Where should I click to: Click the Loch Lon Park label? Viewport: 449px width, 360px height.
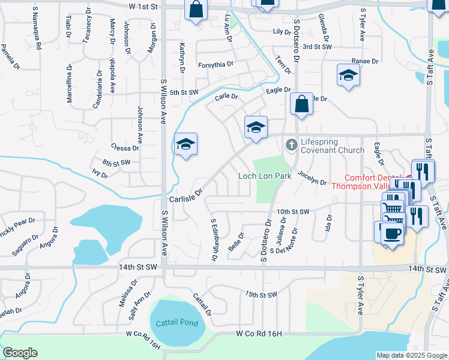(x=265, y=176)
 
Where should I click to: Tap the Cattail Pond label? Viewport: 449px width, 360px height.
(x=177, y=323)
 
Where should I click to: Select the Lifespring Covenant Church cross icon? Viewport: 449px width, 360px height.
(x=291, y=145)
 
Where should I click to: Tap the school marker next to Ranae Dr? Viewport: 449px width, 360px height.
(x=347, y=75)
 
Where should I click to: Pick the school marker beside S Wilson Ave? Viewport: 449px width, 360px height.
(x=186, y=144)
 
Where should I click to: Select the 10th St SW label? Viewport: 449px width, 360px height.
(x=292, y=212)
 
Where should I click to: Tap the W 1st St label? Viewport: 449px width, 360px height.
(x=143, y=6)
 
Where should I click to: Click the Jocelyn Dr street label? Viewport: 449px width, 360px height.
(x=312, y=178)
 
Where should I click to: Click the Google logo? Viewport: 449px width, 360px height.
(x=20, y=353)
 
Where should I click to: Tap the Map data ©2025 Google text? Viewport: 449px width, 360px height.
(x=412, y=355)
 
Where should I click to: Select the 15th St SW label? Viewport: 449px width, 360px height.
(x=261, y=295)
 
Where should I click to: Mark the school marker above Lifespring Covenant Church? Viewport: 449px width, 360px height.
(x=256, y=127)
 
